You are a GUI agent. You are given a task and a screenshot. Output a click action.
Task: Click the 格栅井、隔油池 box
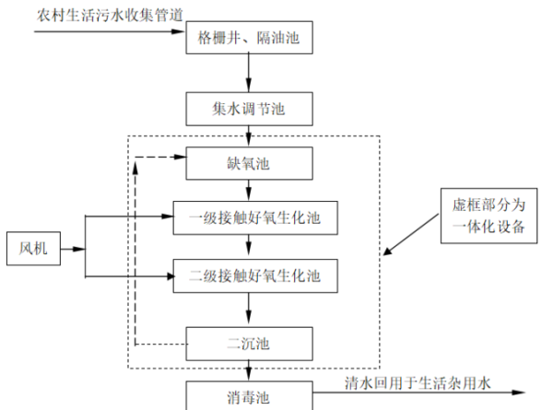tap(249, 39)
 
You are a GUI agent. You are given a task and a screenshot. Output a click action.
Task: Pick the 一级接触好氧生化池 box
tap(249, 218)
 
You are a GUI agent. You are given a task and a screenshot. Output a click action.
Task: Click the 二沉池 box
tap(249, 344)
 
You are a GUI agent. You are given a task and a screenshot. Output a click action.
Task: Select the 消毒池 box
tap(249, 396)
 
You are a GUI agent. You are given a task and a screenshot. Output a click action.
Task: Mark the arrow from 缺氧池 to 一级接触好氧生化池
tap(249, 191)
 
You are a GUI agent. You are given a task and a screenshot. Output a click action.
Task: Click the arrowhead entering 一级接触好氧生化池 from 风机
tap(180, 218)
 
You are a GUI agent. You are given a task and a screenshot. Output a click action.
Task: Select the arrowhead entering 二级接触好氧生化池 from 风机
tap(180, 273)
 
